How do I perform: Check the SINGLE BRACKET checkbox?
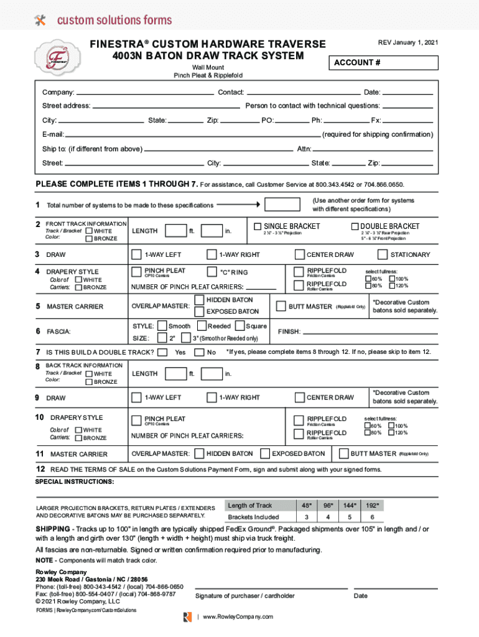pos(258,226)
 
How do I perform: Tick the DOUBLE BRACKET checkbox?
pos(355,226)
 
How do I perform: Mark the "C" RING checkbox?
pos(212,272)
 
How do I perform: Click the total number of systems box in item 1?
pos(282,205)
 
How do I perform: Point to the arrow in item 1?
pos(238,204)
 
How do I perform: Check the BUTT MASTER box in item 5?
pos(282,306)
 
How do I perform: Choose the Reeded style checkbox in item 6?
pos(202,326)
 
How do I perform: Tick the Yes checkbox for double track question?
pos(163,352)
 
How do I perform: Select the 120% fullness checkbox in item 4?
pos(392,286)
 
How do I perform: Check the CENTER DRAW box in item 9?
pos(300,397)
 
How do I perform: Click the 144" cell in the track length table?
pos(350,505)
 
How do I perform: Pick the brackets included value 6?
pos(372,517)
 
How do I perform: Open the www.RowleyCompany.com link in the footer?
pos(237,616)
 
